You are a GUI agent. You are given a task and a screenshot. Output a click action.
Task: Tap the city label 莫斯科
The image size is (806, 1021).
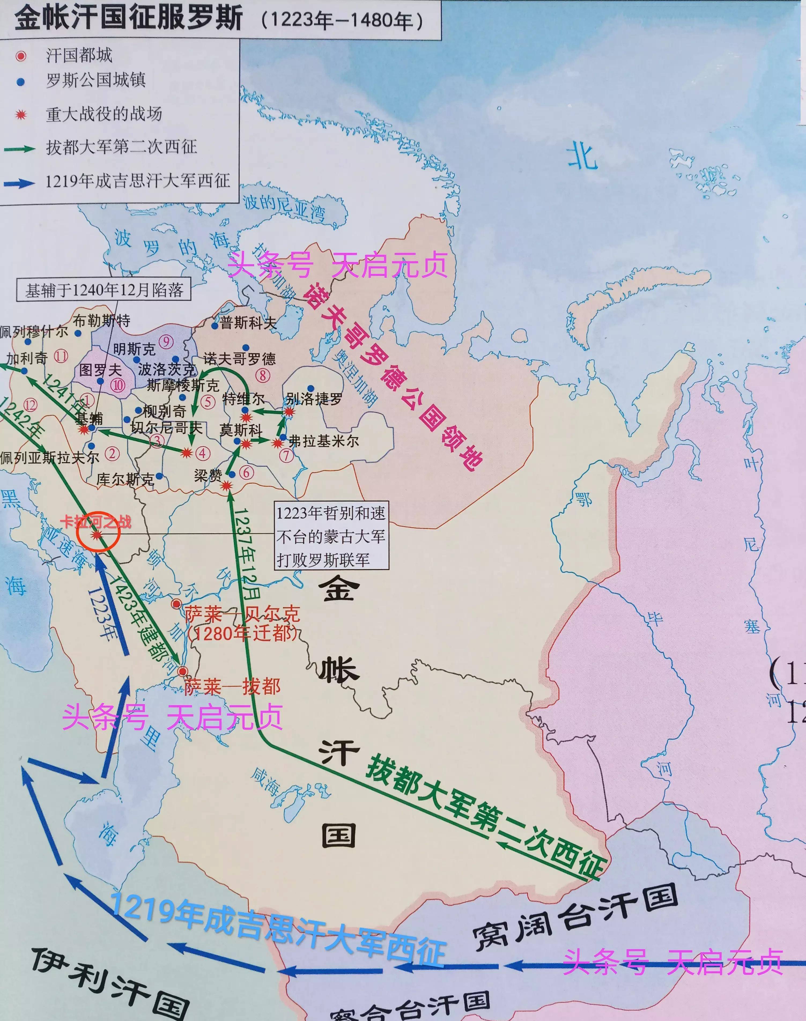pyautogui.click(x=241, y=430)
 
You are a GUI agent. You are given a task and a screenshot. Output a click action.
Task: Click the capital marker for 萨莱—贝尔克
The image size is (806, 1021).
pyautogui.click(x=176, y=604)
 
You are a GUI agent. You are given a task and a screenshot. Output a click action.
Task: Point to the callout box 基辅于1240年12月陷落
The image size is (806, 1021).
pyautogui.click(x=104, y=289)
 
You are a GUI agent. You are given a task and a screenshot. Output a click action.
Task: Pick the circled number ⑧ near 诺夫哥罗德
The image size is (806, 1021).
pyautogui.click(x=262, y=376)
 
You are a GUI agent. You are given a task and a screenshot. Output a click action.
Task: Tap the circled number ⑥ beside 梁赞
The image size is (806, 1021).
pyautogui.click(x=246, y=472)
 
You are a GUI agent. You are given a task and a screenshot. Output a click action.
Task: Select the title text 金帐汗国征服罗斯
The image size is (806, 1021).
pyautogui.click(x=128, y=18)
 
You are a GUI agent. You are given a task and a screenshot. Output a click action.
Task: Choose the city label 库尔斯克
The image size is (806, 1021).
pyautogui.click(x=125, y=479)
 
